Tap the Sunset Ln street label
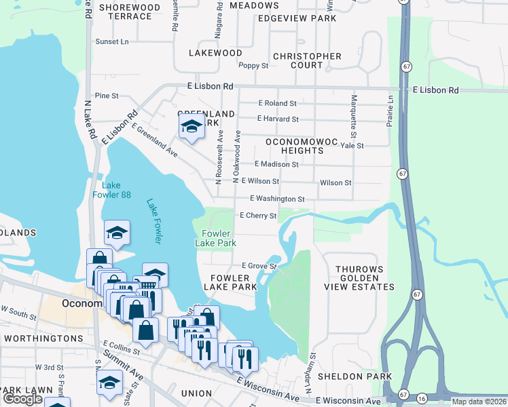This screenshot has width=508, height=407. pyautogui.click(x=112, y=42)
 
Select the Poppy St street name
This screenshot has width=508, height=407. pyautogui.click(x=254, y=66)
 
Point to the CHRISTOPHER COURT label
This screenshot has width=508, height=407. pyautogui.click(x=307, y=61)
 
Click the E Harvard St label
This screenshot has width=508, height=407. pyautogui.click(x=278, y=119)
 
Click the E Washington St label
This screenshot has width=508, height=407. pyautogui.click(x=277, y=199)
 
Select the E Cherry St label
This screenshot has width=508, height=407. pyautogui.click(x=257, y=216)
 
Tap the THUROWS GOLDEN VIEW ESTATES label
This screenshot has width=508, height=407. pyautogui.click(x=365, y=278)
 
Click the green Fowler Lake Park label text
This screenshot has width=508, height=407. pyautogui.click(x=215, y=238)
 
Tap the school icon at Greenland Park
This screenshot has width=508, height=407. pyautogui.click(x=192, y=127)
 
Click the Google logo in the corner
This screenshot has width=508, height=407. pyautogui.click(x=22, y=399)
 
